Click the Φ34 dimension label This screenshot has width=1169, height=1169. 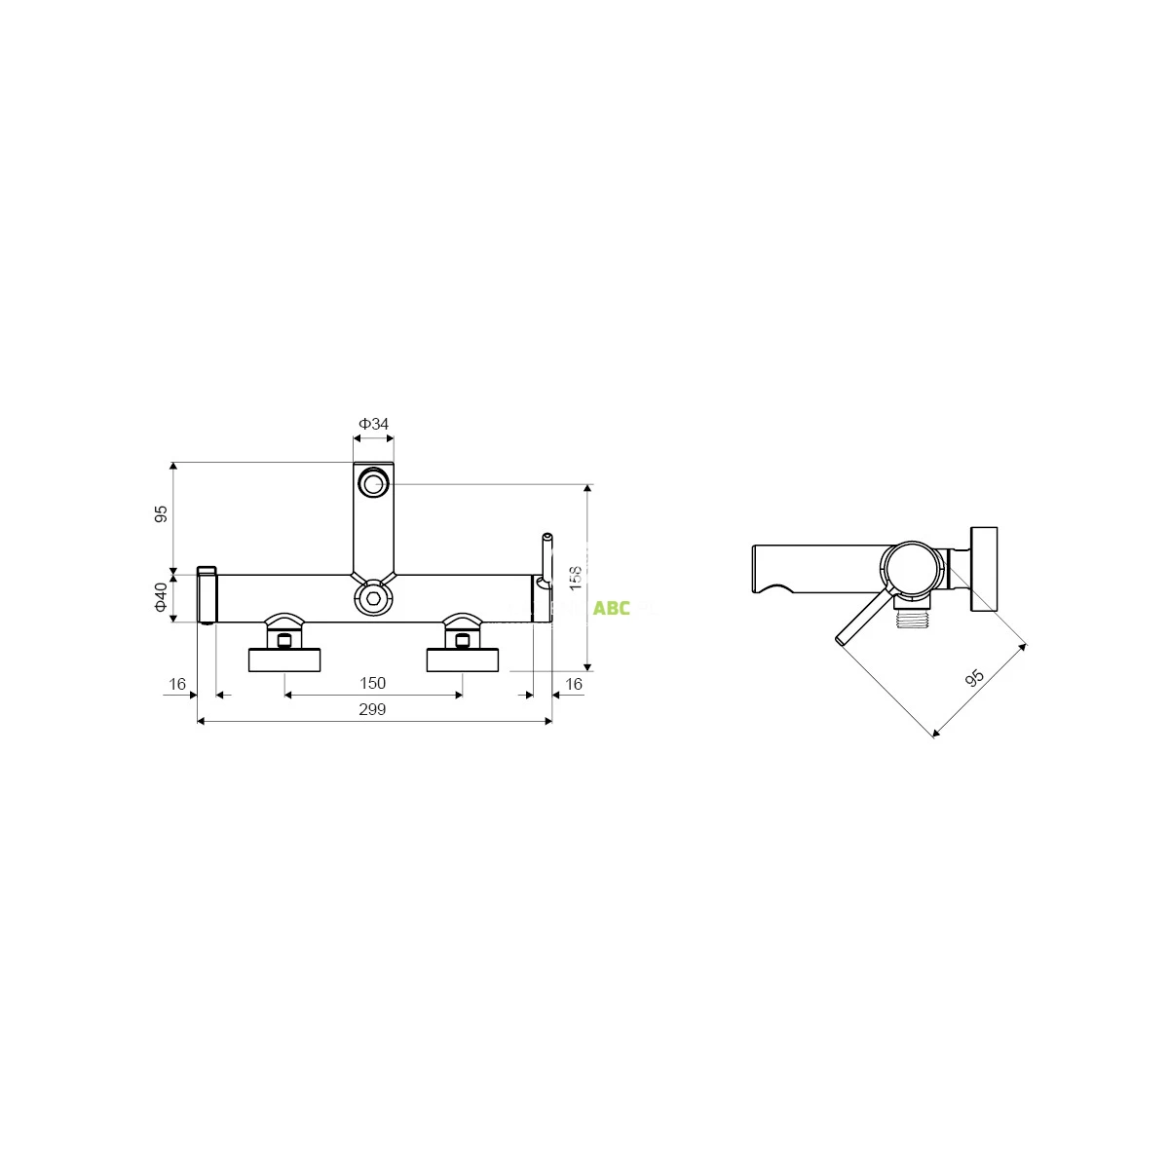373,424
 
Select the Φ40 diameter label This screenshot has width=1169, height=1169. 161,597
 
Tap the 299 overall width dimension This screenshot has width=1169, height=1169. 372,709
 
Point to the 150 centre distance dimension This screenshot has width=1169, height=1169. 372,683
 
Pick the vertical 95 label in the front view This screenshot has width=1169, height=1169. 161,513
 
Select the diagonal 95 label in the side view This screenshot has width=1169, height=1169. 974,678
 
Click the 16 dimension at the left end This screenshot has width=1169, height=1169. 177,684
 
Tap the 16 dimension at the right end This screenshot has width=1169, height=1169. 573,684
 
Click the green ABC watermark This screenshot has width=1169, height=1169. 612,608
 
